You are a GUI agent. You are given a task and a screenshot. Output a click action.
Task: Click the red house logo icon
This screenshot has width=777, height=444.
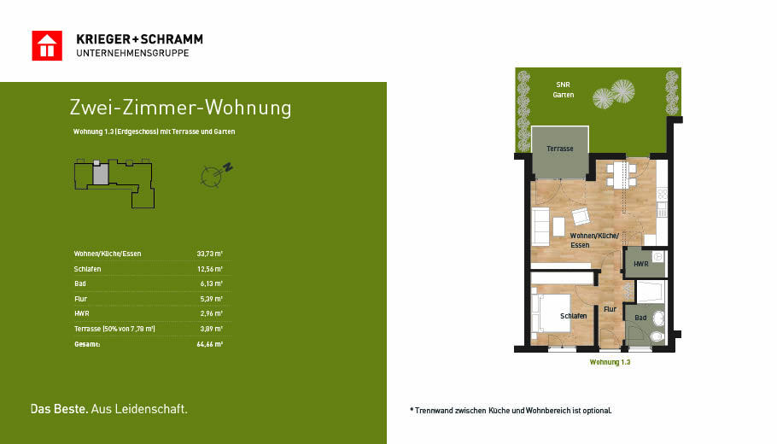47,45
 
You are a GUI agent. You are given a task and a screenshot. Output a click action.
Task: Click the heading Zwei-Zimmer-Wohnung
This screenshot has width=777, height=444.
180,108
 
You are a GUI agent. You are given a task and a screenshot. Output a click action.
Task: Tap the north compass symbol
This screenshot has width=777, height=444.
216,174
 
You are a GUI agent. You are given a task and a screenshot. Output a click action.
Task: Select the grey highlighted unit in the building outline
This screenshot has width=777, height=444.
101,174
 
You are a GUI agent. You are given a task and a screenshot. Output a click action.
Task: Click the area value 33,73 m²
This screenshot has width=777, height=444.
209,254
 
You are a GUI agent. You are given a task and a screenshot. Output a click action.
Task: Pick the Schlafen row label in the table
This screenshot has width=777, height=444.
87,269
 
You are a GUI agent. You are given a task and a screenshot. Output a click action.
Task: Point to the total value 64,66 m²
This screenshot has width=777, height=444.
209,344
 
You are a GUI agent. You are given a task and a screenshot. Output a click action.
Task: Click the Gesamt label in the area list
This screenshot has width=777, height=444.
87,344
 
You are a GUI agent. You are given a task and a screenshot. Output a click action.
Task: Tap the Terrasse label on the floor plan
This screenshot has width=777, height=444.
560,149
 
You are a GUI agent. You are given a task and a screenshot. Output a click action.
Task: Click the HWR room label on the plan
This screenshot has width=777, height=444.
640,264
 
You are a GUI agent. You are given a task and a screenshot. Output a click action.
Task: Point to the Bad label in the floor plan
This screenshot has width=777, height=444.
640,318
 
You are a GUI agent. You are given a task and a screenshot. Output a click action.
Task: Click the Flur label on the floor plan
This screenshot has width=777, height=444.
610,309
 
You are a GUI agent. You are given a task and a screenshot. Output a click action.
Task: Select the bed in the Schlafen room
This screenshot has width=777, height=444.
551,313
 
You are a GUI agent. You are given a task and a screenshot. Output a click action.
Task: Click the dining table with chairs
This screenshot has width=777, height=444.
622,174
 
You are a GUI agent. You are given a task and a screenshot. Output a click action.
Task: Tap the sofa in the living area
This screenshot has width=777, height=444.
540,226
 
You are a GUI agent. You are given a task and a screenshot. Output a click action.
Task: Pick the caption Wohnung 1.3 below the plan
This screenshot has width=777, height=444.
610,362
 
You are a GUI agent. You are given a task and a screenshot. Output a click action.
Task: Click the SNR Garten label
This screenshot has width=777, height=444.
564,90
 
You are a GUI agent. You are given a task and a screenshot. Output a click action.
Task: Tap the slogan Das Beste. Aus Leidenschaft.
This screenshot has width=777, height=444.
109,409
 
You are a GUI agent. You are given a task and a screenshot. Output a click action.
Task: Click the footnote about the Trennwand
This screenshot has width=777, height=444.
511,411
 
